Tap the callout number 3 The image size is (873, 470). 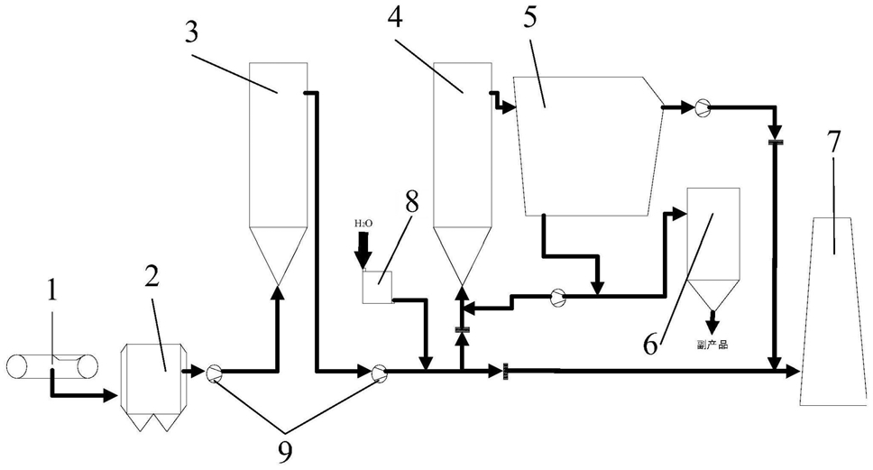click(191, 32)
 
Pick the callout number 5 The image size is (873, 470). click(530, 17)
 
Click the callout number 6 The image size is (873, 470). click(650, 345)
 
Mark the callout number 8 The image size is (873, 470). click(411, 202)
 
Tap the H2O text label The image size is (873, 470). click(364, 224)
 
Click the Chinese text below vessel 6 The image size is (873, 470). click(712, 345)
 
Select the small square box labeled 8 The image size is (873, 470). click(378, 288)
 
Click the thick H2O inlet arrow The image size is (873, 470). click(364, 250)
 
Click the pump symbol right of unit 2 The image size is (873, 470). click(214, 373)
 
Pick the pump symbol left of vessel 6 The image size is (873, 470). click(557, 298)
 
